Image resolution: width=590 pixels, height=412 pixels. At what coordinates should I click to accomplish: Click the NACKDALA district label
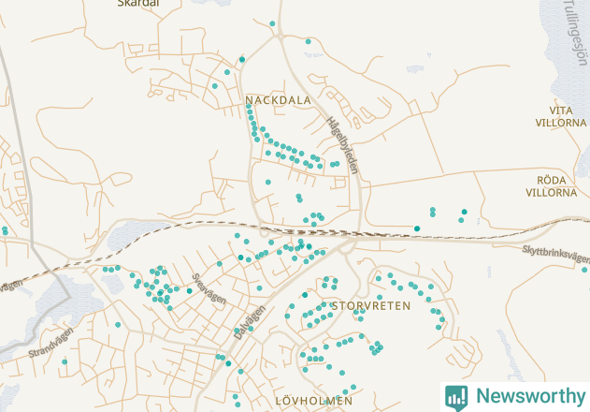tap(278, 98)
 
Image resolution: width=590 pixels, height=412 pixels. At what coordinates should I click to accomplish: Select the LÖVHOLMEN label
tap(314, 401)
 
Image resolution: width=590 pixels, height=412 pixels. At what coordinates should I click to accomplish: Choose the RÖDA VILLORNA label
tap(551, 186)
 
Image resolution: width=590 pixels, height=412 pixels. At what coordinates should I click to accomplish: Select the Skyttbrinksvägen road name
tap(556, 254)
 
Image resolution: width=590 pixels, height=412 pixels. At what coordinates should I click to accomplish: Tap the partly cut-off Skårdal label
tap(138, 4)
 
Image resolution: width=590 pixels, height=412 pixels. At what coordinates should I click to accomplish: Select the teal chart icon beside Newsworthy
tap(456, 396)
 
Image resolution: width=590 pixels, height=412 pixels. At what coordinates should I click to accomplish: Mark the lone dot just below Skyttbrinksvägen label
tap(584, 270)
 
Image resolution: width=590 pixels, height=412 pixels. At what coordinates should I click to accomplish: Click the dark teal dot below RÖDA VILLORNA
tap(465, 211)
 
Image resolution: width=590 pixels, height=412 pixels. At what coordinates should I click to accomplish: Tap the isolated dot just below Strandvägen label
tap(65, 361)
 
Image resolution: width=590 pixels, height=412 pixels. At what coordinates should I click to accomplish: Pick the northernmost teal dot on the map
tap(272, 23)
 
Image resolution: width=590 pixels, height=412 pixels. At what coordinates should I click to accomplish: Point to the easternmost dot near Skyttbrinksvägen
tap(584, 270)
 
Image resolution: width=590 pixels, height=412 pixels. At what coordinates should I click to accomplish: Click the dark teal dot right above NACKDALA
tap(241, 59)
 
